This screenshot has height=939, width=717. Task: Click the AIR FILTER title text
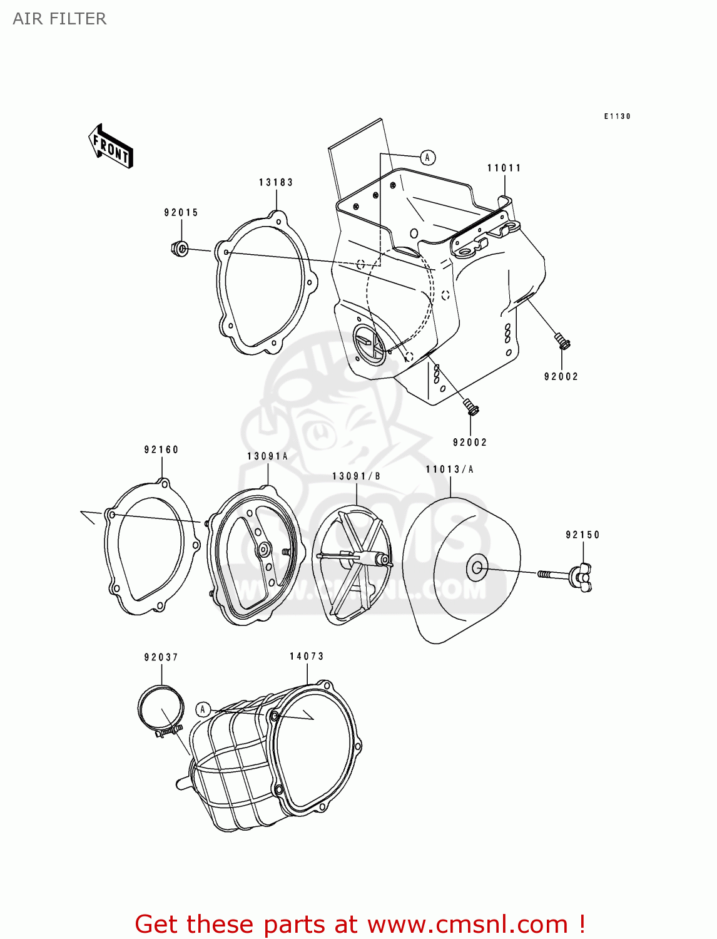click(x=59, y=19)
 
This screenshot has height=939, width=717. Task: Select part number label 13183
click(x=276, y=182)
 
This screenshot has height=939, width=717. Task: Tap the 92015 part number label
click(x=181, y=212)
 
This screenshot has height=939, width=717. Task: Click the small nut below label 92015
click(x=180, y=249)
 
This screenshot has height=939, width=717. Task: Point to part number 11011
click(x=504, y=168)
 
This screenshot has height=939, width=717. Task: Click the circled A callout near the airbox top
click(x=427, y=157)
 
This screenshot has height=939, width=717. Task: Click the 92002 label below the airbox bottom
click(x=470, y=442)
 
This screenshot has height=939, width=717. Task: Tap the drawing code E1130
click(x=617, y=116)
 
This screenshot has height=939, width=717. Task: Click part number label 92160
click(x=161, y=449)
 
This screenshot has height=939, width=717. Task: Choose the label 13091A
click(x=267, y=456)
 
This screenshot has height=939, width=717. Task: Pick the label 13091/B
click(x=356, y=476)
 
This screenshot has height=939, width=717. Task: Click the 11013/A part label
click(x=449, y=469)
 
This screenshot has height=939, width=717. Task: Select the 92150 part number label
click(x=582, y=535)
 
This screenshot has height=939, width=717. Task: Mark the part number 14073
click(x=307, y=656)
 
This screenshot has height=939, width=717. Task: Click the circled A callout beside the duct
click(x=202, y=709)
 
